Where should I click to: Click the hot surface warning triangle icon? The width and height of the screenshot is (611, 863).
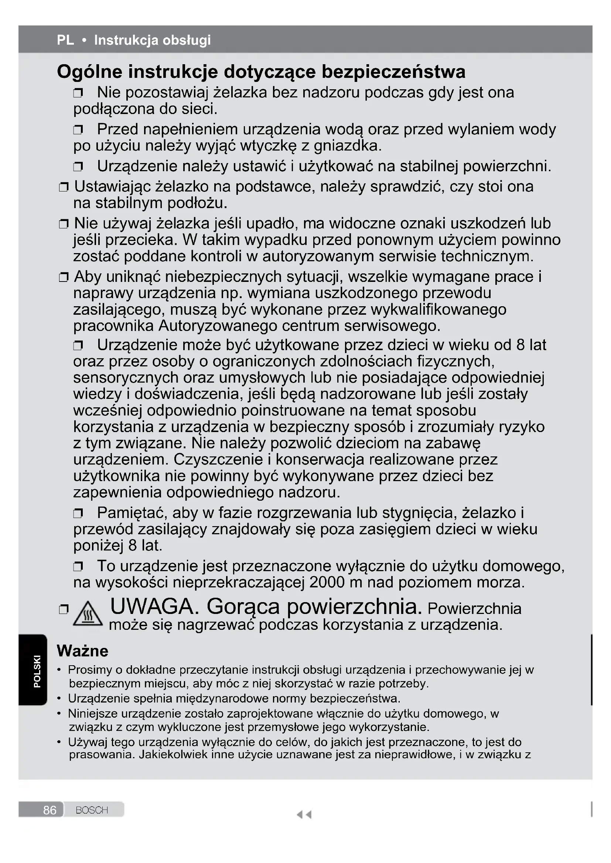pyautogui.click(x=87, y=615)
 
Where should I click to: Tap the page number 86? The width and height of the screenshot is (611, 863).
pyautogui.click(x=50, y=810)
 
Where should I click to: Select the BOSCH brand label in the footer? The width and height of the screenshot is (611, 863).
pyautogui.click(x=92, y=810)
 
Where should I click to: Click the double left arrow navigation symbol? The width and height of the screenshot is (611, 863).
pyautogui.click(x=304, y=815)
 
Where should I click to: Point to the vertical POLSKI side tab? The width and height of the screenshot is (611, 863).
pyautogui.click(x=37, y=671)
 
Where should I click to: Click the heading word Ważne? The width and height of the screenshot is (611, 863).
pyautogui.click(x=82, y=650)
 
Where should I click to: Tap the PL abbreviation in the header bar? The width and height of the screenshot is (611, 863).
pyautogui.click(x=65, y=40)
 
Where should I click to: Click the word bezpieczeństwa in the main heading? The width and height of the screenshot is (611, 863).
pyautogui.click(x=393, y=72)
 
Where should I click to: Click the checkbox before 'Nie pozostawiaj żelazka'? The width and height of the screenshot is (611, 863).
pyautogui.click(x=78, y=93)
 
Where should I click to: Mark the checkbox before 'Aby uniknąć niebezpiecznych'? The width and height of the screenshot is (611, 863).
pyautogui.click(x=64, y=278)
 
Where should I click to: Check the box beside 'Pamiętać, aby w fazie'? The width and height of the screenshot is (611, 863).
pyautogui.click(x=78, y=513)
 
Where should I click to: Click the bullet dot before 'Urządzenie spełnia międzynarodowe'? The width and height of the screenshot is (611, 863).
pyautogui.click(x=59, y=698)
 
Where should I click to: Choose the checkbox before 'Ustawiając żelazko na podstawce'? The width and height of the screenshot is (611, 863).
pyautogui.click(x=64, y=187)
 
